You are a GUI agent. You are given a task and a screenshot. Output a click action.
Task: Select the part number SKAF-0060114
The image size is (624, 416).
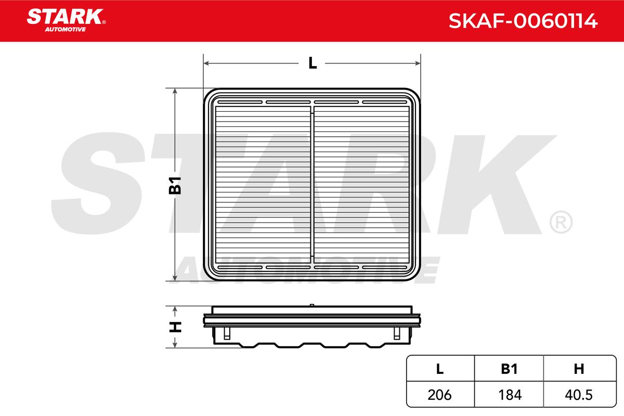[x=523, y=21]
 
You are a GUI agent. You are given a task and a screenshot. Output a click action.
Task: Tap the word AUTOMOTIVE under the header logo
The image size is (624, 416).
[x=66, y=30]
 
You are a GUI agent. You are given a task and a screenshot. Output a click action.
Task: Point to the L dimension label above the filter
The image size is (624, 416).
[x=313, y=63]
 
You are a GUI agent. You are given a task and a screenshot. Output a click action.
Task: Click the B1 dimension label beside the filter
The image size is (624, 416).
[x=175, y=185]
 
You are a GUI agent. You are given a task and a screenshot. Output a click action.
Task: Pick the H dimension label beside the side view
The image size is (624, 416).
[x=175, y=327]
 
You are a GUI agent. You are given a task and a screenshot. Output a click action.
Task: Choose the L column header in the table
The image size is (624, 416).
[x=440, y=369]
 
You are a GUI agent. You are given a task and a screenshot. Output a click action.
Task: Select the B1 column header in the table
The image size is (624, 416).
[x=509, y=369]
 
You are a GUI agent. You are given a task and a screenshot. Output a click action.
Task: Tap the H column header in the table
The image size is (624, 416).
[x=579, y=369]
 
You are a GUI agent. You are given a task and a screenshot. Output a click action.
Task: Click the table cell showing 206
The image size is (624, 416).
[x=439, y=395]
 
